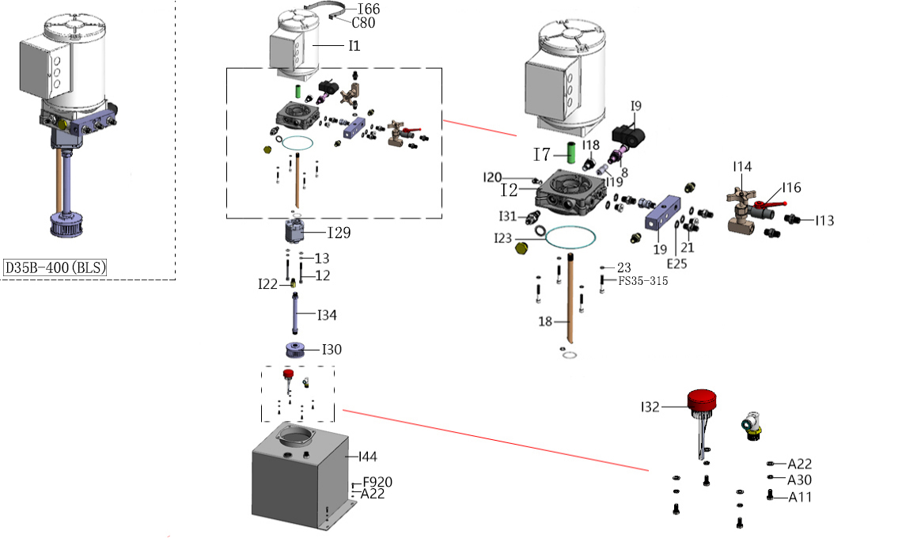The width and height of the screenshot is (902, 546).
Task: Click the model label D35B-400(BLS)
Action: click(x=55, y=267)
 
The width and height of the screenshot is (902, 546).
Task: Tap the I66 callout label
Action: click(x=369, y=9)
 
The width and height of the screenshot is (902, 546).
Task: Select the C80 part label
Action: click(x=363, y=23)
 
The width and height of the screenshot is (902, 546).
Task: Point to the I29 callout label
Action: click(x=339, y=233)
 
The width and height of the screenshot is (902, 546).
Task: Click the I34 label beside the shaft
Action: click(x=327, y=315)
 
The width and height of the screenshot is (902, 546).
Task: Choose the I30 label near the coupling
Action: click(x=332, y=350)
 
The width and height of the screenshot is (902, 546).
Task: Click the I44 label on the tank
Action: click(x=368, y=457)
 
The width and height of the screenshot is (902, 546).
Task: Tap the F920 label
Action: click(x=377, y=482)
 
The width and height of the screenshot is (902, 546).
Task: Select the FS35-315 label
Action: click(x=643, y=282)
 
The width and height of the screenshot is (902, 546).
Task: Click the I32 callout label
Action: click(x=650, y=408)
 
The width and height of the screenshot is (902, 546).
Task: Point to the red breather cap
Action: click(x=702, y=400)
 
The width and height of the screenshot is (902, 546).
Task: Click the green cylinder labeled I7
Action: click(x=571, y=153)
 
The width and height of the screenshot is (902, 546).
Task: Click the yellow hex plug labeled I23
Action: click(x=521, y=249)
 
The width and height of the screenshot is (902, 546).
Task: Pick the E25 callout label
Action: click(x=676, y=264)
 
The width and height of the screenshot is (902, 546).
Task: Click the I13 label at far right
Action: click(x=824, y=221)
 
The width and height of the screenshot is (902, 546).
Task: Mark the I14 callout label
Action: click(x=742, y=167)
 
